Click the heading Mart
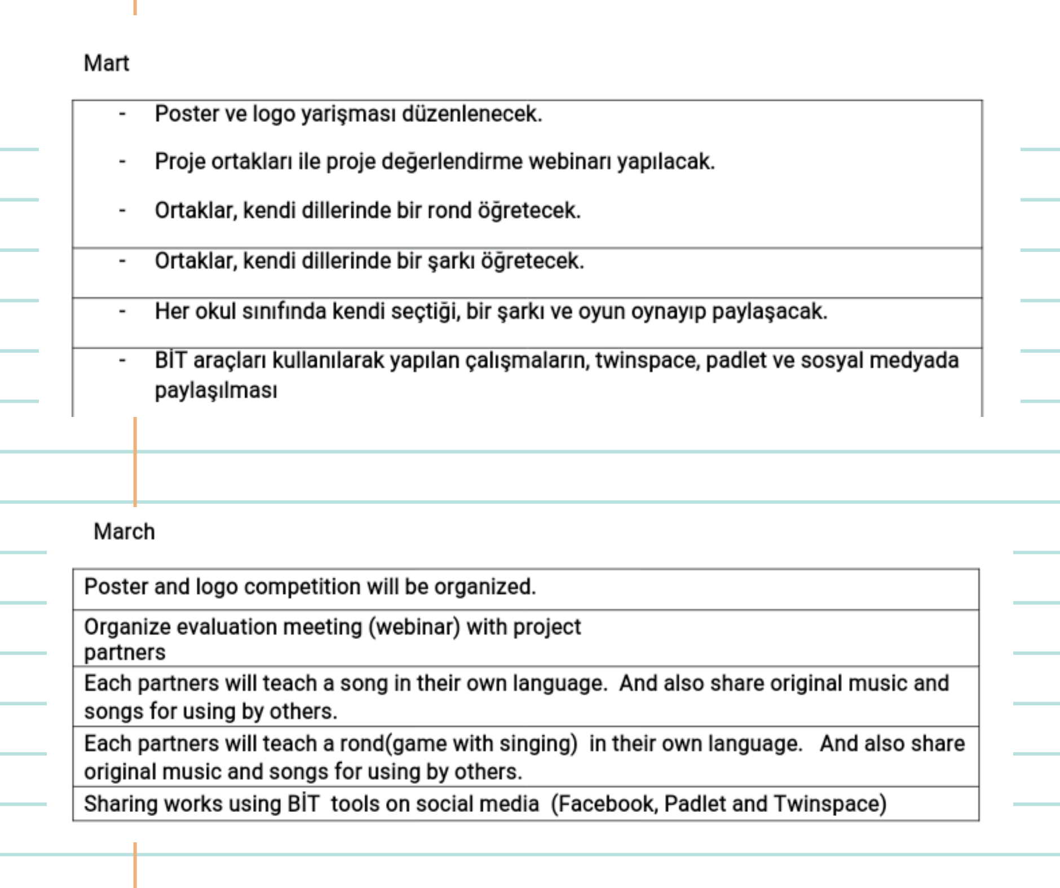click(x=106, y=63)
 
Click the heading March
click(x=124, y=531)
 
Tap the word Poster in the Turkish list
click(x=186, y=114)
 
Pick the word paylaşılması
click(x=216, y=390)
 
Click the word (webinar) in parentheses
click(x=414, y=627)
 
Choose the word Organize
click(x=127, y=627)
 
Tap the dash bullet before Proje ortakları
click(x=122, y=162)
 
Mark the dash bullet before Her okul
click(x=122, y=312)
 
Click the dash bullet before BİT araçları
click(x=122, y=361)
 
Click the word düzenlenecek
click(x=471, y=114)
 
